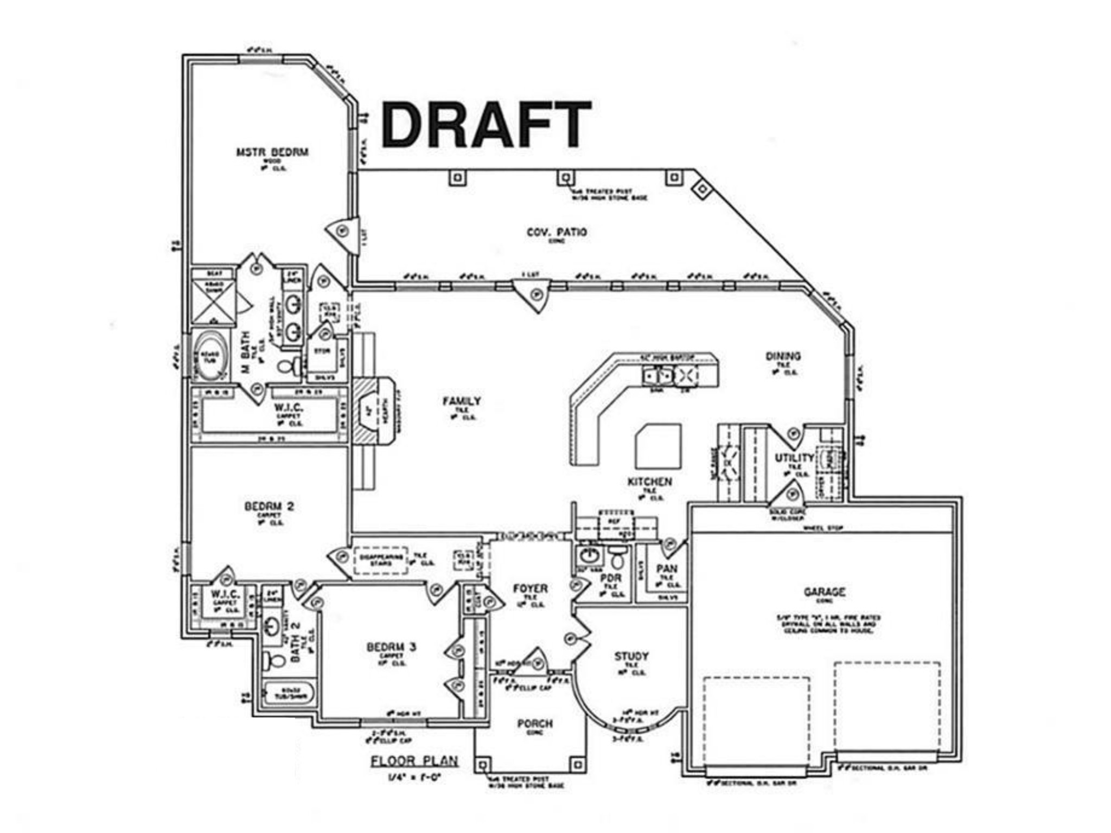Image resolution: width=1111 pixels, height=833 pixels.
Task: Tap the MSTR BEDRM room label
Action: [272, 152]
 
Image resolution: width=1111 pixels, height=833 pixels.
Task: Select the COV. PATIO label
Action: [557, 232]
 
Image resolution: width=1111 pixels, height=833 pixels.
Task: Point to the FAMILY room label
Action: [461, 401]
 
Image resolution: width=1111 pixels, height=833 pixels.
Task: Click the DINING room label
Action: [783, 356]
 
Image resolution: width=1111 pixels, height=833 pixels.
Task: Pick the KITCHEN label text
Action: [649, 482]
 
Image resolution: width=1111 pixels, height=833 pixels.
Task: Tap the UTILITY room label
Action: [794, 458]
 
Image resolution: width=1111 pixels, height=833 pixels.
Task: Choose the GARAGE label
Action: [824, 592]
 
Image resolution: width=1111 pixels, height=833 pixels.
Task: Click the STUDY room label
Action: [631, 656]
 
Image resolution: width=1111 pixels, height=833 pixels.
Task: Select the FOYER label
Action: [530, 588]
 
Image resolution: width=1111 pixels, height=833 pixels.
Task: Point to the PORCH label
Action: [534, 723]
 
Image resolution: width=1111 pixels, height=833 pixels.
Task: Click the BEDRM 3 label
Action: [391, 647]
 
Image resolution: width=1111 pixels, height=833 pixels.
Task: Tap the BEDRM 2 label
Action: [269, 507]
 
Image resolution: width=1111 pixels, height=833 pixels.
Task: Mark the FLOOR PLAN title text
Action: [414, 761]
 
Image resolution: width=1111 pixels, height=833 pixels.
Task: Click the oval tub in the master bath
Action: [210, 356]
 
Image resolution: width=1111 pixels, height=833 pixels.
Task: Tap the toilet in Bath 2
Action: [274, 660]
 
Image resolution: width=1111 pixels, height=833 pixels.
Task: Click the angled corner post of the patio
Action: [702, 189]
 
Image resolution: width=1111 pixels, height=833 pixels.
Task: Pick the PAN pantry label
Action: [667, 568]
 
